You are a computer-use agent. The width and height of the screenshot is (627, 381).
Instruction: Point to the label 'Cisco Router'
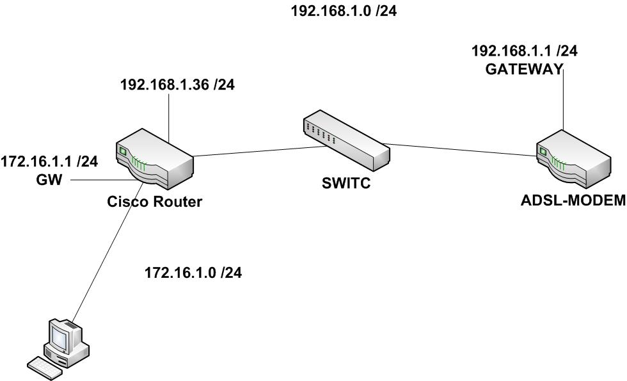click(155, 202)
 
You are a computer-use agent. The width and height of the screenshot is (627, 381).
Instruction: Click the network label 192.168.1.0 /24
click(344, 11)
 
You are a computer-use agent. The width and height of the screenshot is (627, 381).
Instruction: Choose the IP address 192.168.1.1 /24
click(525, 52)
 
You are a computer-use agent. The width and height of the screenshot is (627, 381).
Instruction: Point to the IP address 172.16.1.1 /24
click(49, 162)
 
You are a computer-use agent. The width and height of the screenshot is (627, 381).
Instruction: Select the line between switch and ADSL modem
click(461, 149)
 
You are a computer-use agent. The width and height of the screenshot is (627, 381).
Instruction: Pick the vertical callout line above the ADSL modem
click(563, 102)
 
